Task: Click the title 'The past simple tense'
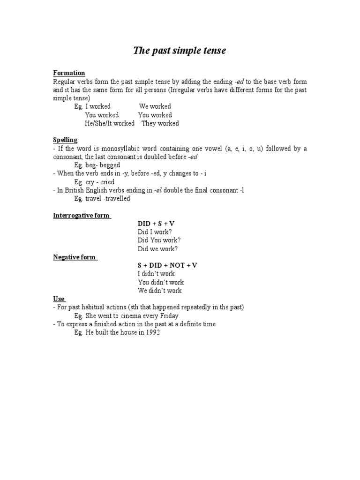180,51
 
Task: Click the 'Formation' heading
69,73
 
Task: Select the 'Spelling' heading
65,140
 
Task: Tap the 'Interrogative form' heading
81,216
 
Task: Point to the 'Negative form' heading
75,257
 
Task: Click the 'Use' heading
59,299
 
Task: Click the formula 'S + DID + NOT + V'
167,265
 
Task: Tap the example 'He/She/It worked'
110,123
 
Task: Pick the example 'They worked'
160,123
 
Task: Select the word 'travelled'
115,199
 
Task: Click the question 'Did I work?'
154,232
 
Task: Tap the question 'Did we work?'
157,249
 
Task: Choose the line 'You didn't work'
160,282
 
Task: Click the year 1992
152,332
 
